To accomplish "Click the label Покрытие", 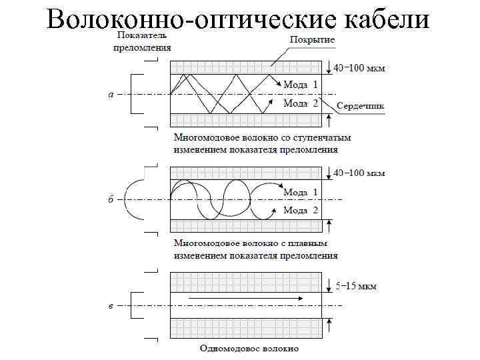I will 312,41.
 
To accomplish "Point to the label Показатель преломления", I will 141,41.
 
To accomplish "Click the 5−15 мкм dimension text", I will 355,286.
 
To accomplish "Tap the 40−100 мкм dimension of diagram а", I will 359,68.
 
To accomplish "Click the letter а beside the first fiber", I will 111,95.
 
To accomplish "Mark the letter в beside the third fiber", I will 111,306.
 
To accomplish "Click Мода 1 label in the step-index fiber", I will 301,85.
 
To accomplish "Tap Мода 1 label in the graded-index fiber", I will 301,192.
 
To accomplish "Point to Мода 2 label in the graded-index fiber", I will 301,210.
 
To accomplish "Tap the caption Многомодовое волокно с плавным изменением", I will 255,249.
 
